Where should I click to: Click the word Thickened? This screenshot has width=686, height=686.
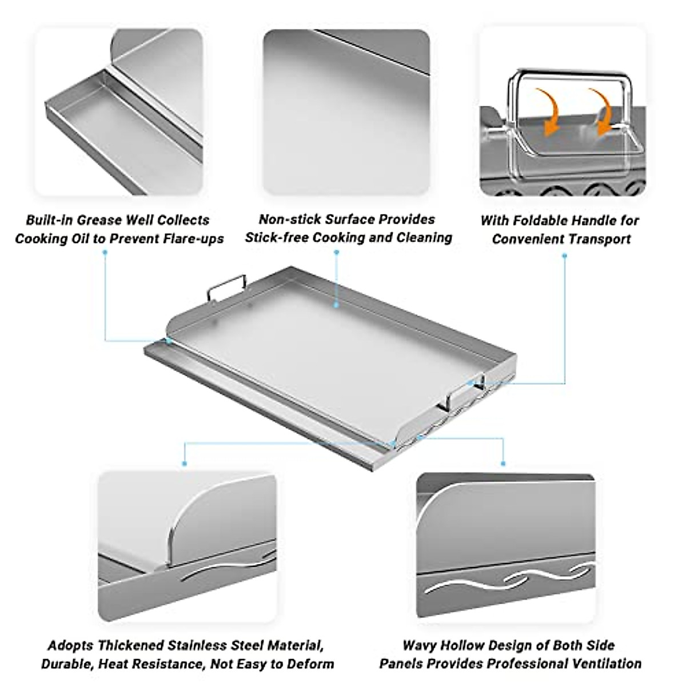pos(130,646)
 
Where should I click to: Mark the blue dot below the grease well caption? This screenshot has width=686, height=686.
pos(105,253)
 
